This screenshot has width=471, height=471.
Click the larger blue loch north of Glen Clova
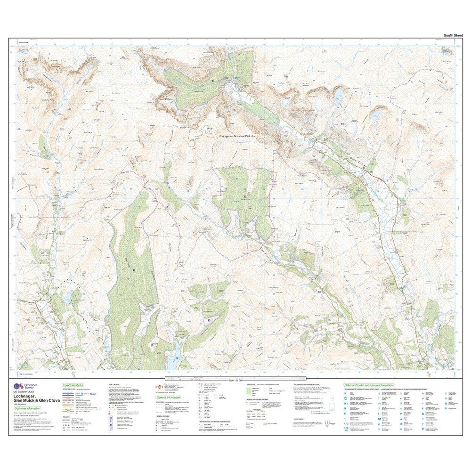pos(338,97)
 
